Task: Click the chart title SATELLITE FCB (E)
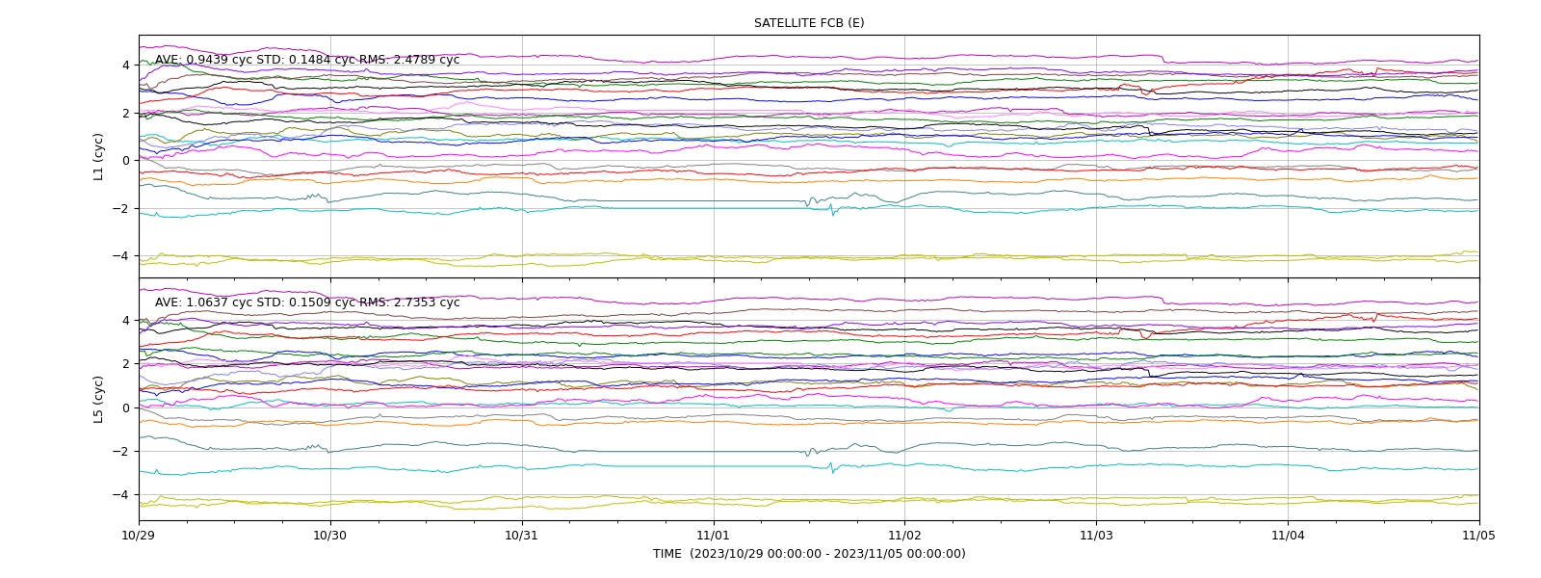pos(809,23)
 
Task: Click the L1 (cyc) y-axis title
pos(98,157)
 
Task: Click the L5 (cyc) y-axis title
pos(98,399)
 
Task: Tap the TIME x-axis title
pos(809,554)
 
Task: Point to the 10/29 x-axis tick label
pos(139,536)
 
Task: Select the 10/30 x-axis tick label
pos(330,536)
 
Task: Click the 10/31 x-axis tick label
pos(522,536)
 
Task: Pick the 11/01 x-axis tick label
pos(714,536)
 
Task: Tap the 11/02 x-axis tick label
pos(904,536)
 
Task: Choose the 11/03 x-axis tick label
pos(1097,536)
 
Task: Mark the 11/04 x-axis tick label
pos(1288,536)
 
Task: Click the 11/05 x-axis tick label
pos(1479,536)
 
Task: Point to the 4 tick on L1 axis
pos(126,66)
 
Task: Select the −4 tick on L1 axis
pos(121,256)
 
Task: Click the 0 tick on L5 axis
pos(126,408)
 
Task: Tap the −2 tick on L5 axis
pos(121,452)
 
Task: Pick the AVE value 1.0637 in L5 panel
pos(207,302)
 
